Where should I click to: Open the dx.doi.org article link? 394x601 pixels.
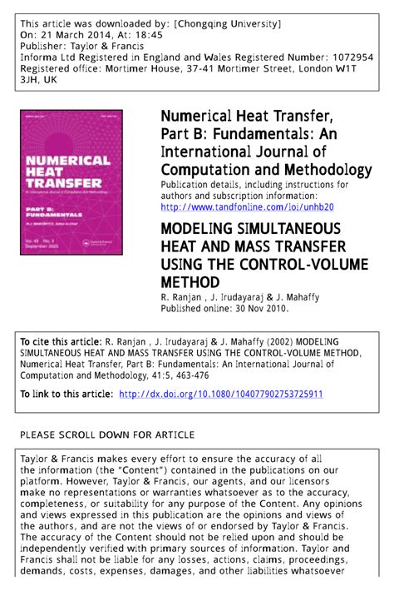coord(221,394)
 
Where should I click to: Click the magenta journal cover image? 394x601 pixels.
coord(71,181)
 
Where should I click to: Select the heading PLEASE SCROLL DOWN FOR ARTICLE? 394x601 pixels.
coord(106,435)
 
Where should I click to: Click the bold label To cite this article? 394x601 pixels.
coord(61,341)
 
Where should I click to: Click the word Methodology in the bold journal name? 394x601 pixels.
coord(324,171)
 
